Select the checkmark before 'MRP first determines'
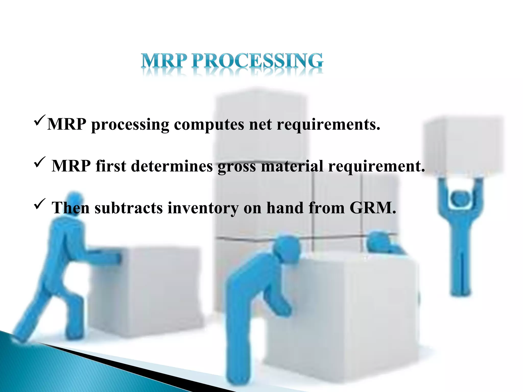click(x=40, y=162)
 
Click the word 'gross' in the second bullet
click(x=236, y=166)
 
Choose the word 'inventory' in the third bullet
click(x=203, y=208)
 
